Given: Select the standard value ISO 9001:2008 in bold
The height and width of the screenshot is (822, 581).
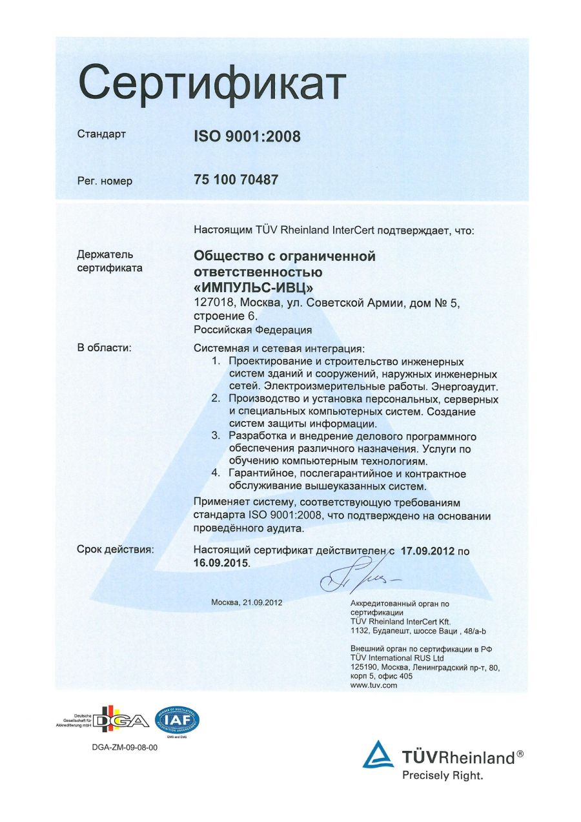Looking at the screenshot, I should pos(247,136).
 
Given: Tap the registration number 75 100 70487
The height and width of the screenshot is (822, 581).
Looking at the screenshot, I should pos(236,180).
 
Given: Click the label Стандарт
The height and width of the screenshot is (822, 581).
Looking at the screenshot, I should pos(101,135).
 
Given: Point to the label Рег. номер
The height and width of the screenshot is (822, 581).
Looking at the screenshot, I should pos(105,181).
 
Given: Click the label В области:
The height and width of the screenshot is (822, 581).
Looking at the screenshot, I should pos(105,348).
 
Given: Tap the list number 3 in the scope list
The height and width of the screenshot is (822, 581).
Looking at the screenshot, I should pos(217,437).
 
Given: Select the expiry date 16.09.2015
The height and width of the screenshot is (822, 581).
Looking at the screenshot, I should pos(220,563).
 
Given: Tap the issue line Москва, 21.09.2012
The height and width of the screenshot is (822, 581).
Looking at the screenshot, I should pos(247,602).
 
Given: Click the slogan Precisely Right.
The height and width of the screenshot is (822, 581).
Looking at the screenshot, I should pos(442,776).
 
